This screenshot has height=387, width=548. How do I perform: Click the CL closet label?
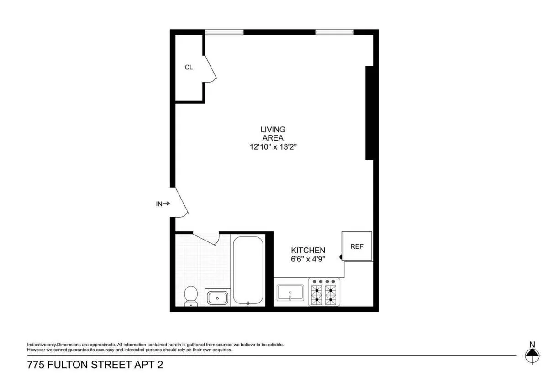pyautogui.click(x=189, y=68)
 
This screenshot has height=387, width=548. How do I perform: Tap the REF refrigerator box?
pyautogui.click(x=357, y=246)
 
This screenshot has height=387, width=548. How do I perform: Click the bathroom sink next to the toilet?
pyautogui.click(x=217, y=298)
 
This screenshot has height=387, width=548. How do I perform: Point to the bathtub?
pyautogui.click(x=248, y=270)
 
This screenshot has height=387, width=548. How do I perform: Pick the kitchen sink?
pyautogui.click(x=290, y=292)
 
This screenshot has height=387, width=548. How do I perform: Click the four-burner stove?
pyautogui.click(x=324, y=292)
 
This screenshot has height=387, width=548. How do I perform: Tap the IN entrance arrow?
pyautogui.click(x=163, y=204)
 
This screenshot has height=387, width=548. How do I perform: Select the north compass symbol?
pyautogui.click(x=531, y=353)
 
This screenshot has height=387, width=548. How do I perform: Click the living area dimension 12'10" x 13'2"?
pyautogui.click(x=273, y=147)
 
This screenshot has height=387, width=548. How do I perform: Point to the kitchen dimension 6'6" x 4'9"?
pyautogui.click(x=308, y=259)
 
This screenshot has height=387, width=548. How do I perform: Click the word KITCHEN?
pyautogui.click(x=308, y=251)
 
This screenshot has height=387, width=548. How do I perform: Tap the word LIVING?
pyautogui.click(x=273, y=130)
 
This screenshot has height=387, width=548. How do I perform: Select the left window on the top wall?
pyautogui.click(x=224, y=32)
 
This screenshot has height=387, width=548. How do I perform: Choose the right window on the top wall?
pyautogui.click(x=334, y=32)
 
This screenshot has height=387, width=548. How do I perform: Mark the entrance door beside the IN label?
pyautogui.click(x=180, y=202)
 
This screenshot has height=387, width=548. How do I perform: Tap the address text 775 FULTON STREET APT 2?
pyautogui.click(x=95, y=365)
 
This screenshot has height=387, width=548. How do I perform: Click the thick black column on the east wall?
pyautogui.click(x=370, y=113)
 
